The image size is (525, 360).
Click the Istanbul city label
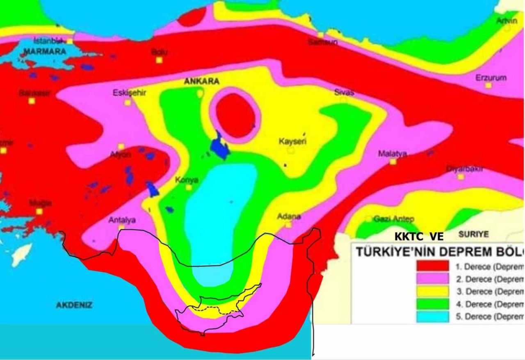pos(47,41)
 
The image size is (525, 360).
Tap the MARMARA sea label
pos(45,52)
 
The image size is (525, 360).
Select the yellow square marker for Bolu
pos(159,60)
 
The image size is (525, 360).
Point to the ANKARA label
pos(201,82)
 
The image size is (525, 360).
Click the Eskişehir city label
pos(129,93)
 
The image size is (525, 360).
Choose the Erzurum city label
pos(491,77)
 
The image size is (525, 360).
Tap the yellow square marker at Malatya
pos(393,162)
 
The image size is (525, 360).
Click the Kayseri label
pos(293,142)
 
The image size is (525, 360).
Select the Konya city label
pos(187,180)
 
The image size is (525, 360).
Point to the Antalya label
pos(122,220)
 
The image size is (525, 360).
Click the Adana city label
pos(289,216)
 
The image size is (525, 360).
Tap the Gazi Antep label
pos(393,219)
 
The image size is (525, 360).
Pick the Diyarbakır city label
pos(465,169)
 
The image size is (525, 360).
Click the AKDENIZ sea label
pos(74,305)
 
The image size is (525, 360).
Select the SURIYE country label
pos(473,234)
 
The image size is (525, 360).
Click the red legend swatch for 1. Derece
pos(432,266)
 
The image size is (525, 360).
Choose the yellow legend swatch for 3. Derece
pos(432,291)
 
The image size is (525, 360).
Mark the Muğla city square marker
pos(39,211)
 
